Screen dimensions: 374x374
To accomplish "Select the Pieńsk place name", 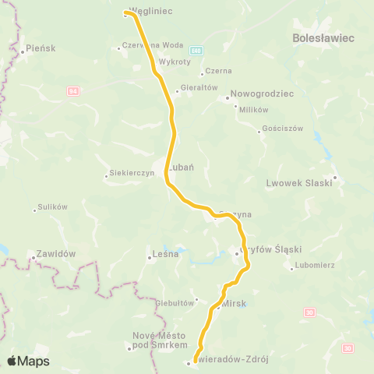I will point(41,48).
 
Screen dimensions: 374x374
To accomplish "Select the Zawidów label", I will point(55,254).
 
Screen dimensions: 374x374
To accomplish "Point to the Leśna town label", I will point(165,253).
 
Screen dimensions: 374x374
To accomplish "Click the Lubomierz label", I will point(312,269).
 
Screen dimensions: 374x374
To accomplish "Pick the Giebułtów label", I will point(174,303).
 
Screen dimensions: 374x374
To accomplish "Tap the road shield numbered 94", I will point(73,90).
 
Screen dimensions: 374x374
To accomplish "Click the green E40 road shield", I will point(197,49).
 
